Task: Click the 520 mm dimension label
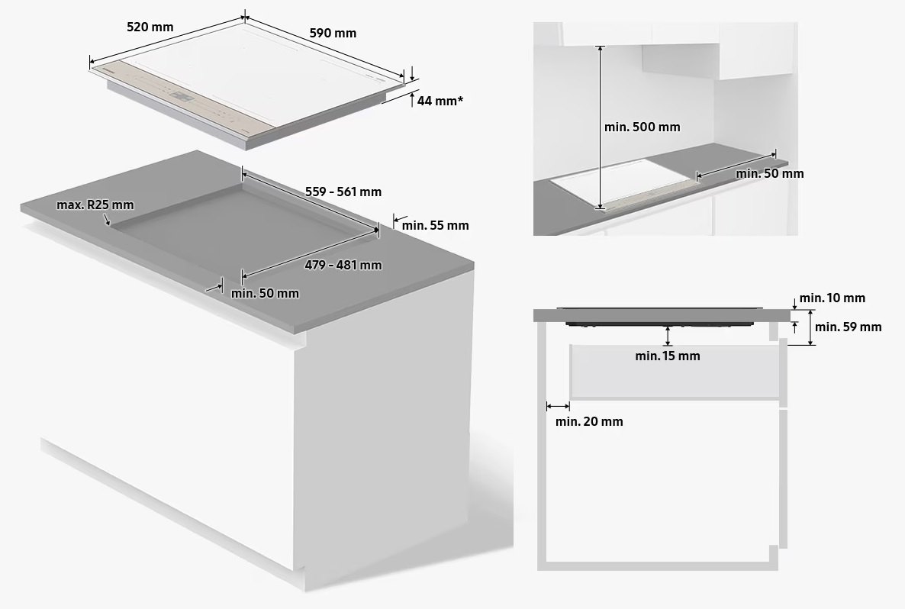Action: [150, 27]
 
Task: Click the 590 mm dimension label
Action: [333, 33]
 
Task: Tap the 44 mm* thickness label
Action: [440, 101]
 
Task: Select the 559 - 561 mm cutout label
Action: [343, 192]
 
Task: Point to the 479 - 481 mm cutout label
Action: [343, 265]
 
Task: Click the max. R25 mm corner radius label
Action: [95, 205]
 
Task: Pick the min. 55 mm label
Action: [435, 225]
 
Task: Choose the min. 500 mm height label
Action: [642, 127]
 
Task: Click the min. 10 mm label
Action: [832, 298]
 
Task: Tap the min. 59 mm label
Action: [848, 327]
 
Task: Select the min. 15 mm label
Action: [667, 356]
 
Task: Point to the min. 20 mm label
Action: [588, 421]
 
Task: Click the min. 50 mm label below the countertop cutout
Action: [265, 293]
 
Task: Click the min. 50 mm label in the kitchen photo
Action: [769, 173]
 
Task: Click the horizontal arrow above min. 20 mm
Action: [559, 406]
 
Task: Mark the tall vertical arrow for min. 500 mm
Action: [601, 127]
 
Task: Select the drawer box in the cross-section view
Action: [675, 372]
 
